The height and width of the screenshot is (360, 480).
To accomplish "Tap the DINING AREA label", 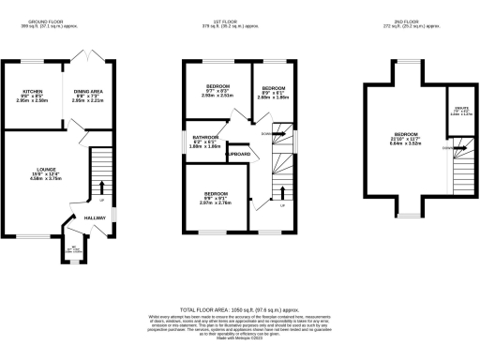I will point(89,91).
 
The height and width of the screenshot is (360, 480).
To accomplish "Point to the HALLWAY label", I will point(96,217).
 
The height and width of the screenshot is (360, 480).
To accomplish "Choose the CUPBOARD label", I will point(237,153).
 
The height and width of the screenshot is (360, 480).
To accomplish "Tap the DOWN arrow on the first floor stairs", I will point(268,134).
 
